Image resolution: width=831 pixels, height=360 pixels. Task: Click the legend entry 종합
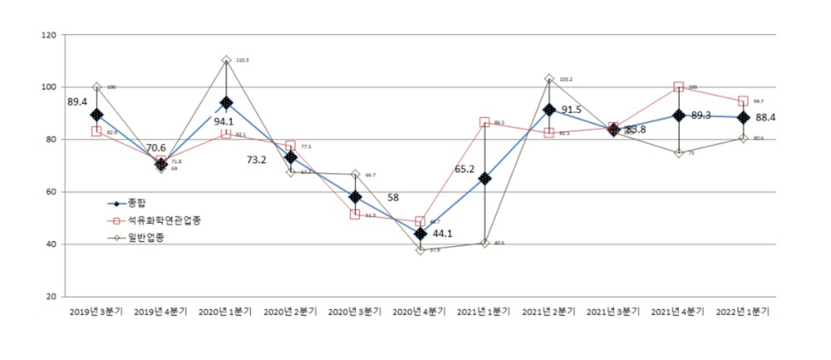click(x=137, y=203)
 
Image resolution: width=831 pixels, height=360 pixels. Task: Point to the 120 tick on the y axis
click(x=47, y=35)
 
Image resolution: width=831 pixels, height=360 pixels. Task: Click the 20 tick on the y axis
click(x=50, y=297)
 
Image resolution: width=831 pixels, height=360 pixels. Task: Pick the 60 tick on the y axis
click(x=50, y=192)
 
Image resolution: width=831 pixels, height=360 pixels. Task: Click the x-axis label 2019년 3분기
click(x=96, y=312)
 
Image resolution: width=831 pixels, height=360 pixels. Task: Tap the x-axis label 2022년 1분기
click(x=743, y=312)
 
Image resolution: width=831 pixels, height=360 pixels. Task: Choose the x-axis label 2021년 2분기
click(x=549, y=312)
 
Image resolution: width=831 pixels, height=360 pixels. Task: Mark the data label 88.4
click(x=766, y=118)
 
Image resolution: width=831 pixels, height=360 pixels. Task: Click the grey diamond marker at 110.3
click(x=226, y=61)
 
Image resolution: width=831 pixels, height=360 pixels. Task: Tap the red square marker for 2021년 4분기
click(x=679, y=86)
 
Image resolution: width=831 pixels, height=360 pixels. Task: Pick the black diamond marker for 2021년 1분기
click(x=484, y=179)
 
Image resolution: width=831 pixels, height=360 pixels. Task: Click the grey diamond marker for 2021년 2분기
click(x=549, y=79)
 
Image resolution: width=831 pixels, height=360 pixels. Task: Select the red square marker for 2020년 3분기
click(x=355, y=215)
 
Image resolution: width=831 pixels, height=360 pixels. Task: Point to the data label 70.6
click(x=158, y=148)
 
